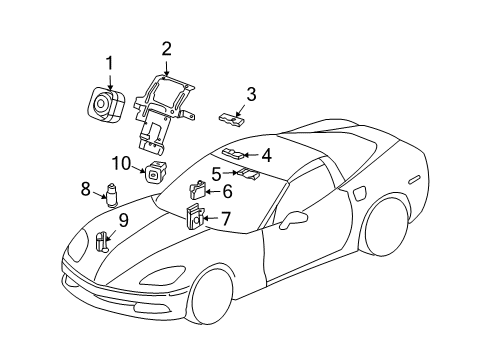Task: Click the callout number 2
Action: pyautogui.click(x=166, y=47)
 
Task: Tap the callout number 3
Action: pyautogui.click(x=251, y=94)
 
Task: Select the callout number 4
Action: pyautogui.click(x=266, y=155)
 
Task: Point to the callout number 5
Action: pyautogui.click(x=216, y=172)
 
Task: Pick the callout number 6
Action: pyautogui.click(x=227, y=190)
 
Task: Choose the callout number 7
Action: pyautogui.click(x=226, y=218)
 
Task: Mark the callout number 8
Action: pyautogui.click(x=86, y=187)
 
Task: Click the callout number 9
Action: pyautogui.click(x=123, y=220)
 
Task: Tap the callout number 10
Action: pyautogui.click(x=121, y=164)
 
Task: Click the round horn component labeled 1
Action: pyautogui.click(x=106, y=103)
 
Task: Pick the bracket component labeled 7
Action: pyautogui.click(x=195, y=218)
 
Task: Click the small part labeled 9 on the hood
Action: pyautogui.click(x=103, y=240)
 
